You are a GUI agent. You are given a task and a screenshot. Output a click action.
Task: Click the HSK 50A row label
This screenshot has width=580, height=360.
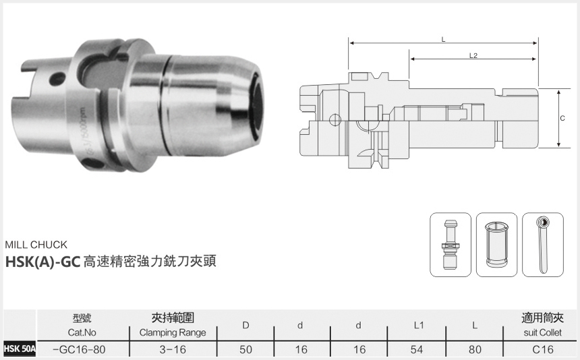tap(18, 349)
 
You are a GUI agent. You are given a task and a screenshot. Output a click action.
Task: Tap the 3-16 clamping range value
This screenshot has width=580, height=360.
tap(173, 349)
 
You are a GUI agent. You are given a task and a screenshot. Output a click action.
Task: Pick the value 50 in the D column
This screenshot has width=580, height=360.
tap(246, 349)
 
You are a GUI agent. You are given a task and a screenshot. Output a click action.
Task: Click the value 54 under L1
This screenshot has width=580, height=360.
tap(418, 349)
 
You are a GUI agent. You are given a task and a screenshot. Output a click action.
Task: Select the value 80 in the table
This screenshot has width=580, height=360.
tap(475, 349)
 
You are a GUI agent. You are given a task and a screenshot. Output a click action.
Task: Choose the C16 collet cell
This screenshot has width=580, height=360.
tap(543, 349)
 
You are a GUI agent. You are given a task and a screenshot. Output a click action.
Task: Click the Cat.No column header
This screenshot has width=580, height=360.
tap(82, 332)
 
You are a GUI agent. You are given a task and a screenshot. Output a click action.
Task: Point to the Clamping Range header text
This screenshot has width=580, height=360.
tap(173, 332)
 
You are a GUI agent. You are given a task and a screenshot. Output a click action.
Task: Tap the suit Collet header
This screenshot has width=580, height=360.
tap(543, 332)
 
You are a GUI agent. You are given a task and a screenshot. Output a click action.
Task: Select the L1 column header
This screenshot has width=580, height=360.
tap(418, 326)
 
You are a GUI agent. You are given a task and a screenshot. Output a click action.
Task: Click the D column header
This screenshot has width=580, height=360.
tap(246, 326)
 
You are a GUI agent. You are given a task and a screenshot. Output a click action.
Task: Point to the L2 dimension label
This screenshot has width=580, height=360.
tap(473, 56)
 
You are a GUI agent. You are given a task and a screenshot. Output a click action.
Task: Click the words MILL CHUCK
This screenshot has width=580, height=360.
tap(36, 245)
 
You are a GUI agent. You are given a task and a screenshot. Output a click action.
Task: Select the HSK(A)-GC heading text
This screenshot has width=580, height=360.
tap(42, 262)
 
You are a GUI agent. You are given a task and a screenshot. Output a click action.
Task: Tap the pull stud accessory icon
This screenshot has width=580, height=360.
tap(451, 244)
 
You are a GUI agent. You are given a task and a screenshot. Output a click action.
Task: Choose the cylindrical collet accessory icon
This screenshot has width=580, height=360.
tap(496, 244)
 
